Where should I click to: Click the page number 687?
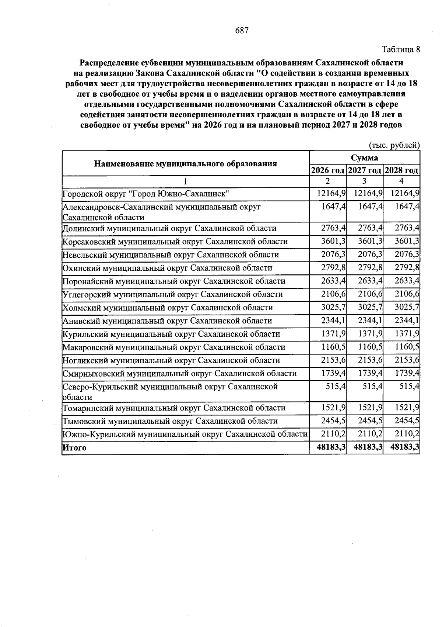coord(242,31)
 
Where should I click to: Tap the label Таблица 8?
coord(400,49)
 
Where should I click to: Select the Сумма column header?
coord(364,158)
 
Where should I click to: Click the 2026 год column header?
coord(328,170)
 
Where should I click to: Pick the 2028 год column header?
coord(401,170)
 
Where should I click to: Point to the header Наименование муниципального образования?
coord(185,164)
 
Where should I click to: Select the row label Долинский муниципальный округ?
coord(169,228)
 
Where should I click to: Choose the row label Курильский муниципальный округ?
coord(171,334)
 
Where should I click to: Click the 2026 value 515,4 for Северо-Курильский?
coord(336,387)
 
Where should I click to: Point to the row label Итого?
coord(74,448)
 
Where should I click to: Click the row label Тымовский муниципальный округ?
coord(170,421)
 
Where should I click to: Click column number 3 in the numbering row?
coord(364,181)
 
